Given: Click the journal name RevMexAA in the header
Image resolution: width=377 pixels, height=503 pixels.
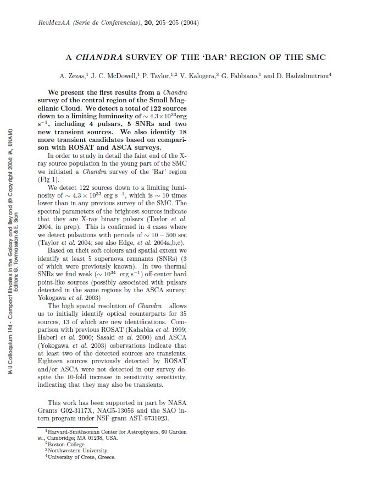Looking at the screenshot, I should tap(54, 23).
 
